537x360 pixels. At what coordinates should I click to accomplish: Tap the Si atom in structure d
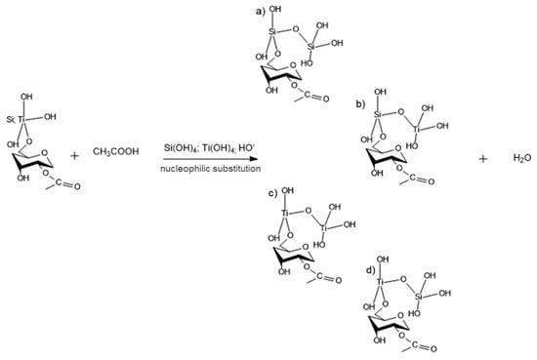coord(421,302)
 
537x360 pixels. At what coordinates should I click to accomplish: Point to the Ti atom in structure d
coord(382,284)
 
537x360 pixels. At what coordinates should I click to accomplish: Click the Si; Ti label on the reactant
coord(27,118)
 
